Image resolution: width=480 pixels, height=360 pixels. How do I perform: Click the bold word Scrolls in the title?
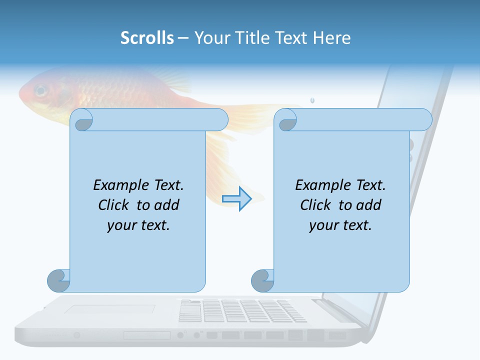click(147, 38)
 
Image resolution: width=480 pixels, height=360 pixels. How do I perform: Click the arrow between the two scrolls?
click(236, 199)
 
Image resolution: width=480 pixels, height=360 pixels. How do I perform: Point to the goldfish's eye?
click(40, 91)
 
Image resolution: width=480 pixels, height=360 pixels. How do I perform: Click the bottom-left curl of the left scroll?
click(58, 280)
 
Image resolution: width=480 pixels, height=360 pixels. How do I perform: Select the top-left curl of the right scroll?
click(287, 120)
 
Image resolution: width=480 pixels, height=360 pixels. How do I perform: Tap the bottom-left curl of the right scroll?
click(262, 280)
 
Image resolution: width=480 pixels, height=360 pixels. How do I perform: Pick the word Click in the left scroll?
click(115, 205)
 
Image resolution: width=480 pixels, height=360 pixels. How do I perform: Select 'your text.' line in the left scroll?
click(138, 225)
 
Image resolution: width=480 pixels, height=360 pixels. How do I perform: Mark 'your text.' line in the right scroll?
click(340, 225)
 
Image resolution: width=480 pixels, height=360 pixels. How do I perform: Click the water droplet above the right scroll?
click(312, 100)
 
